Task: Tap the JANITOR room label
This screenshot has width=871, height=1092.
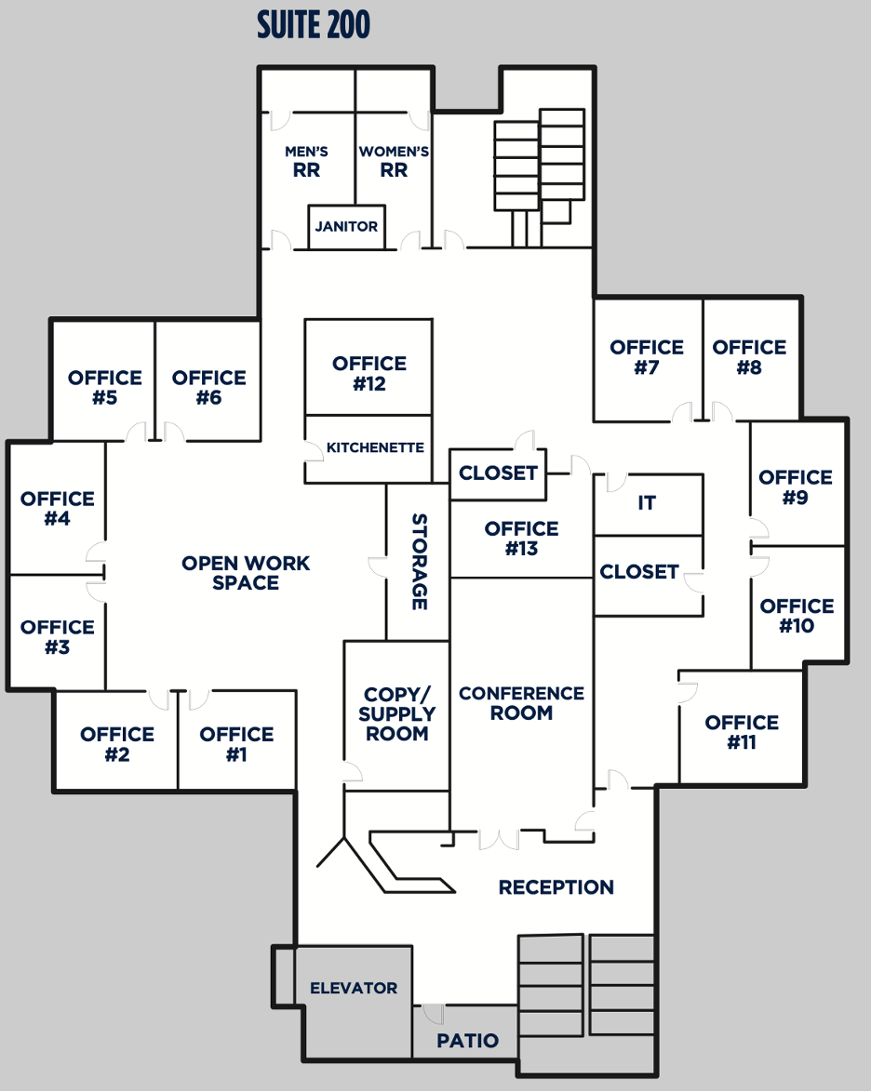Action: coord(346,226)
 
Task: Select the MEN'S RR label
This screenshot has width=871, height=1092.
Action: coord(306,161)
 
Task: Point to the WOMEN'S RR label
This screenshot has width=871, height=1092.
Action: coord(394,161)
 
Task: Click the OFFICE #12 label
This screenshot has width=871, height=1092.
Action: coord(369,373)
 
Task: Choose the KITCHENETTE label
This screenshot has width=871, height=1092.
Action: coord(375,447)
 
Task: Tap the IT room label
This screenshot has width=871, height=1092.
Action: coord(647,503)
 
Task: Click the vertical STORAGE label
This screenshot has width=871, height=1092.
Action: coord(419,562)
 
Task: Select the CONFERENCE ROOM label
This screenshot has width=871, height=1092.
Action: coord(521,703)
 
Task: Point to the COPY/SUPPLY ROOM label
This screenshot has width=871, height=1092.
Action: coord(396,714)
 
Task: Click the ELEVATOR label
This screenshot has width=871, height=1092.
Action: coord(354,988)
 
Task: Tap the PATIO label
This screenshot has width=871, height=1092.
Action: coord(468,1041)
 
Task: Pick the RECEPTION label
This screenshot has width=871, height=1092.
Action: coord(556,887)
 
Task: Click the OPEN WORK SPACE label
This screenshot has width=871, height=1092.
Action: coord(246,573)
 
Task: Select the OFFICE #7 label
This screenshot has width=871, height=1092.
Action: coord(647,357)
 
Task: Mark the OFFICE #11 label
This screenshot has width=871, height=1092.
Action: coord(742,732)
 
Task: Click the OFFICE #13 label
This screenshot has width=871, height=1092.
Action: coord(521,539)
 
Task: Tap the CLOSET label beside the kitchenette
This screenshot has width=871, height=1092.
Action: coord(498,473)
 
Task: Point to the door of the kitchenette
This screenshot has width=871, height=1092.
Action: coord(312,450)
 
